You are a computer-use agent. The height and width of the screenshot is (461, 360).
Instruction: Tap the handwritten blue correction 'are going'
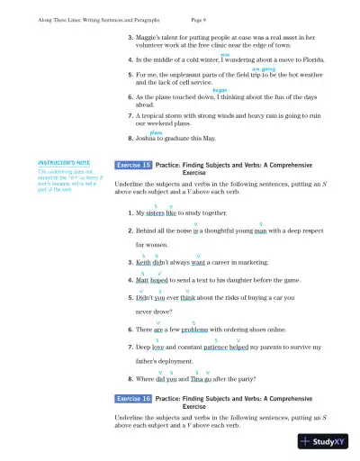pos(263,68)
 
